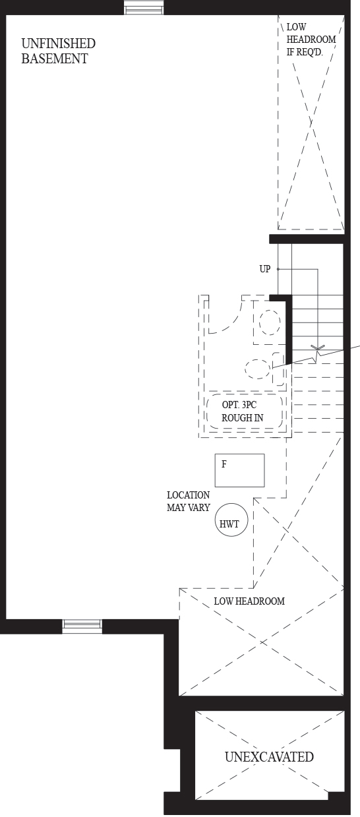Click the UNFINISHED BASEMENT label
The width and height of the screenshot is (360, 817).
click(x=59, y=51)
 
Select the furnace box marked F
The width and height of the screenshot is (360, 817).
click(x=239, y=470)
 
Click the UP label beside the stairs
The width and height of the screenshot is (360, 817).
click(x=265, y=269)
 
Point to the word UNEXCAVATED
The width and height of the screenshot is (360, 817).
click(x=269, y=757)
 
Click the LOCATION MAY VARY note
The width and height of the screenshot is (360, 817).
click(x=189, y=501)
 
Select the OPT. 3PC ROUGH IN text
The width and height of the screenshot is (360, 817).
click(x=242, y=411)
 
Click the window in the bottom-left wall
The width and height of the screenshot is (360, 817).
click(x=82, y=626)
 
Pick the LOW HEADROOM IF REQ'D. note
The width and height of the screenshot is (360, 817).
click(x=311, y=40)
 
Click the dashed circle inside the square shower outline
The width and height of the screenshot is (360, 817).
click(x=270, y=322)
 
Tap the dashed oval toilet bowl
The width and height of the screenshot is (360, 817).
click(x=258, y=369)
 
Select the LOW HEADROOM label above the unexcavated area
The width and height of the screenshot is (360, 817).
click(x=249, y=601)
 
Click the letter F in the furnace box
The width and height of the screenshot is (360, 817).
click(x=224, y=464)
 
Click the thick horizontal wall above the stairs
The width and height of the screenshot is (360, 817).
click(x=307, y=239)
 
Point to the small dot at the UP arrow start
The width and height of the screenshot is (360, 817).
click(x=278, y=269)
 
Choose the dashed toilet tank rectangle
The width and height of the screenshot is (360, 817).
click(x=278, y=369)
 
